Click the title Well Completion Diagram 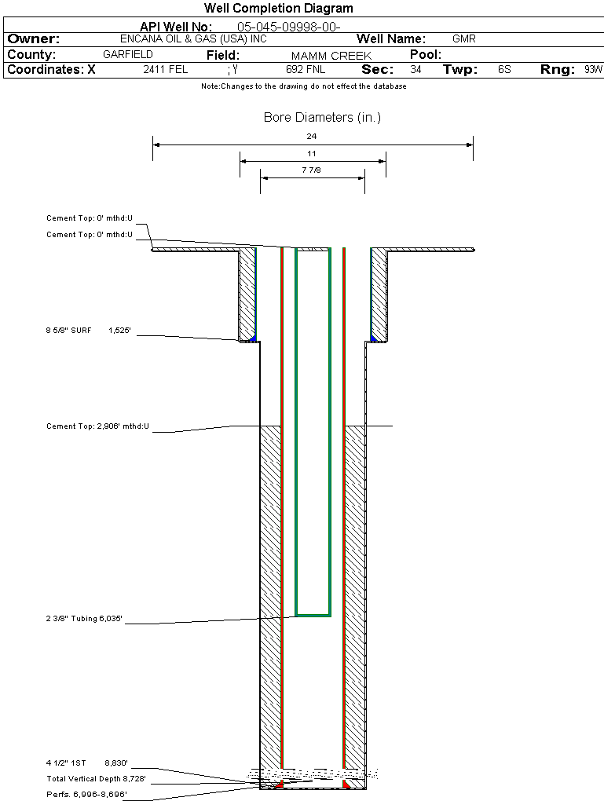pos(279,9)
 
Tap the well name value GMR pos(464,38)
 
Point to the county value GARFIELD pos(128,55)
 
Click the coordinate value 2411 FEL pos(166,70)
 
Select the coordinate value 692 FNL pos(306,70)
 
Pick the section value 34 pos(415,70)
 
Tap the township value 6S pos(504,70)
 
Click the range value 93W pos(593,70)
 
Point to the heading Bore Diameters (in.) pos(322,118)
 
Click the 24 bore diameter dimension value pos(312,136)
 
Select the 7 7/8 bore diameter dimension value pos(312,170)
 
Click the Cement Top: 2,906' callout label pos(97,427)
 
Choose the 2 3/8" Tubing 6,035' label pos(84,620)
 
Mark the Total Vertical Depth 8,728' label pos(96,778)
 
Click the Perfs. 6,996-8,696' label pos(86,794)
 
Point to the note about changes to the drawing pos(304,86)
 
